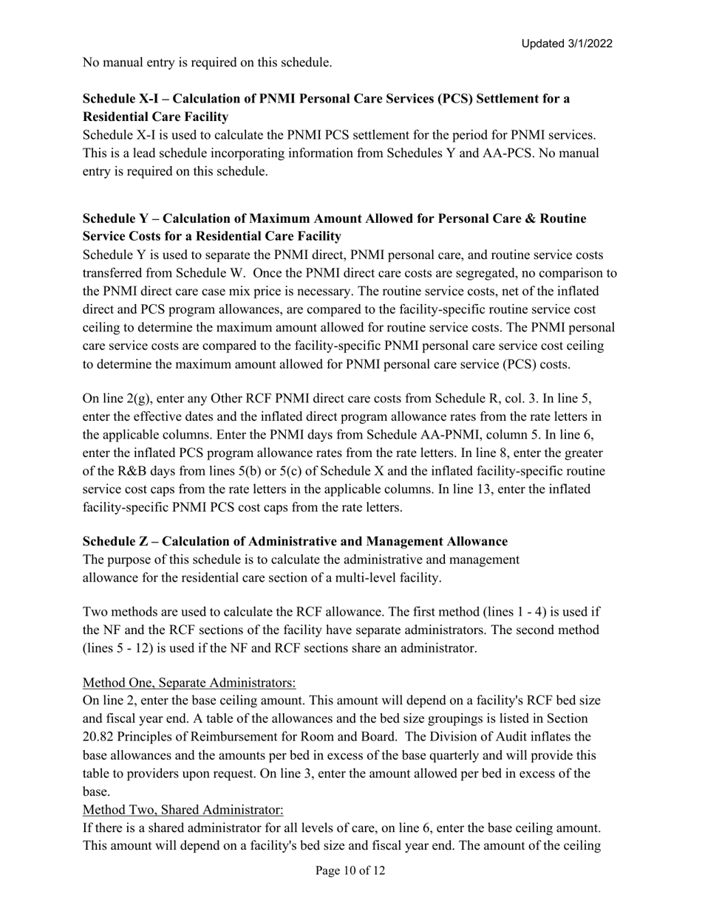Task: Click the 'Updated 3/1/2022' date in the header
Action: [567, 44]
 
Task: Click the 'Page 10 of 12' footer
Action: [350, 871]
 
